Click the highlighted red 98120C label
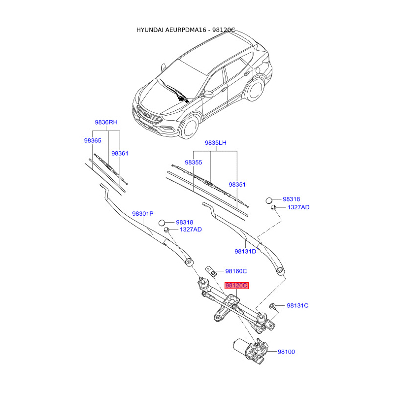[236, 286]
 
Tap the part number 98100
[286, 352]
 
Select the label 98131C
[297, 306]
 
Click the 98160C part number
[236, 271]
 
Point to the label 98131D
[245, 252]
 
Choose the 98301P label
[143, 214]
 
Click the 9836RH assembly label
[106, 122]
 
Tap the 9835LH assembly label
[216, 143]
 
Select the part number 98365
[93, 141]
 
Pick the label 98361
[120, 154]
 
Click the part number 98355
[194, 163]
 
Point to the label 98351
[237, 185]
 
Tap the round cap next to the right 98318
[269, 200]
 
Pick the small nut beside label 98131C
[273, 306]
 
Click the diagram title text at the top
[186, 30]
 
